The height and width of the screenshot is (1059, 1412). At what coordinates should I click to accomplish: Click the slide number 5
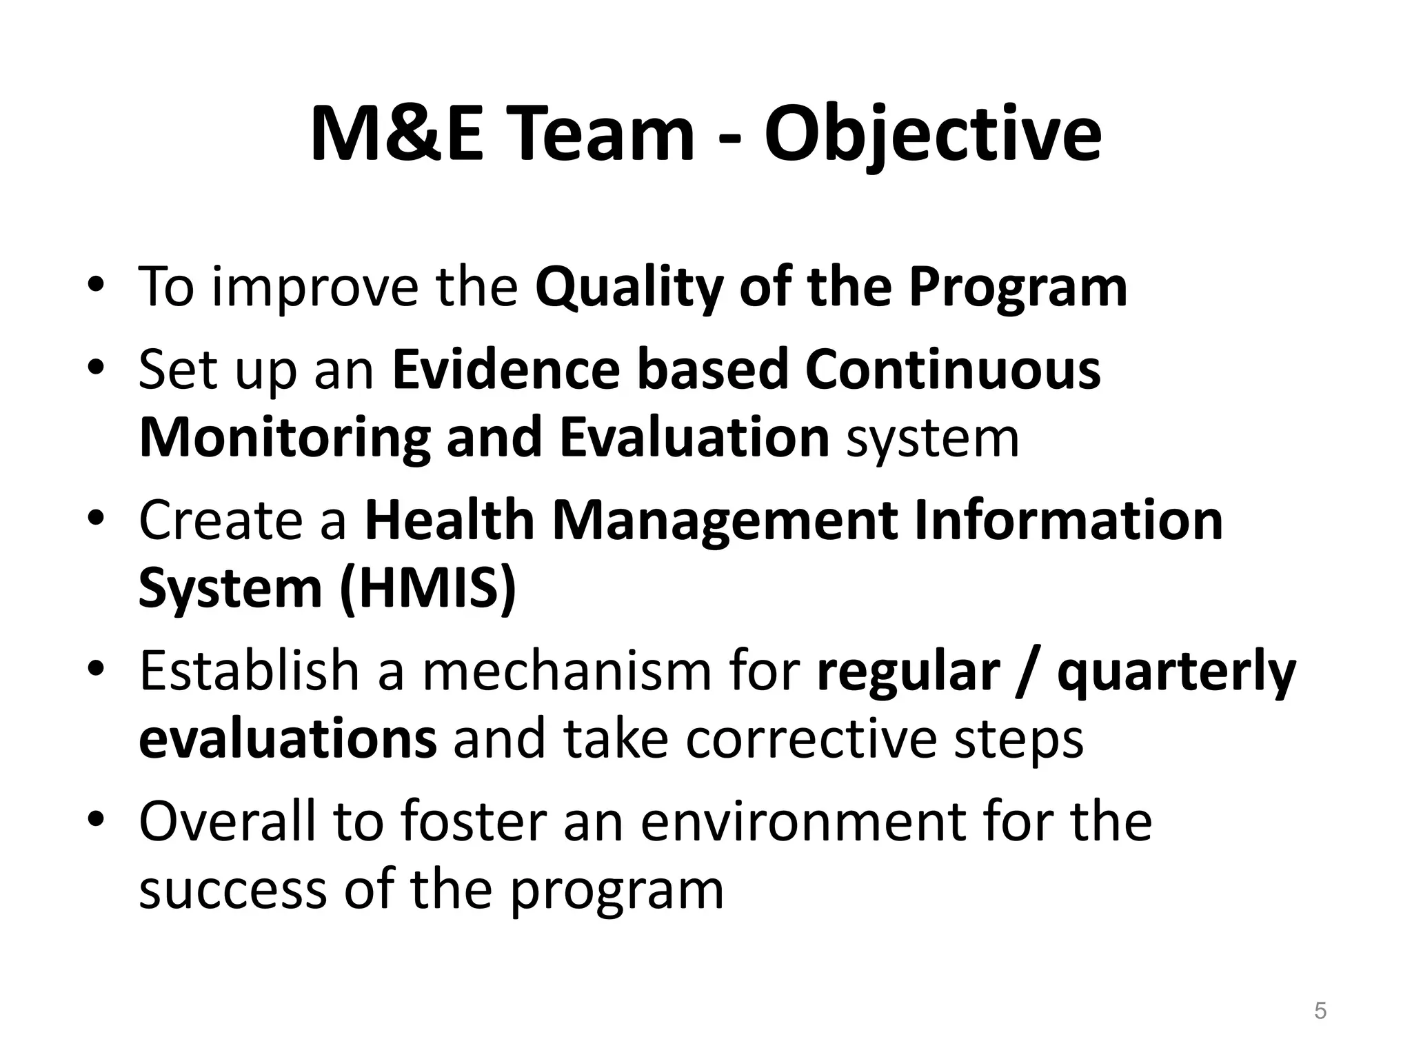(x=1320, y=1011)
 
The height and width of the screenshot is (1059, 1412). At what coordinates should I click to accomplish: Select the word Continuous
(x=952, y=370)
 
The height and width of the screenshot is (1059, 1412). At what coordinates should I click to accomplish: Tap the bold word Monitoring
(x=284, y=438)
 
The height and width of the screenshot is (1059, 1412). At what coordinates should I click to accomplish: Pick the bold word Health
(x=450, y=520)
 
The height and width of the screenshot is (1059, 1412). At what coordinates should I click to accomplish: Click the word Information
(x=1068, y=520)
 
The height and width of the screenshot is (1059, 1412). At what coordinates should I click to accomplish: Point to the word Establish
(x=249, y=670)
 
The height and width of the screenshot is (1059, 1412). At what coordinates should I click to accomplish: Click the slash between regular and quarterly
(x=1028, y=672)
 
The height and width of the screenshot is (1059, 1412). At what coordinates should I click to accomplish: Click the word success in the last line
(x=232, y=890)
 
